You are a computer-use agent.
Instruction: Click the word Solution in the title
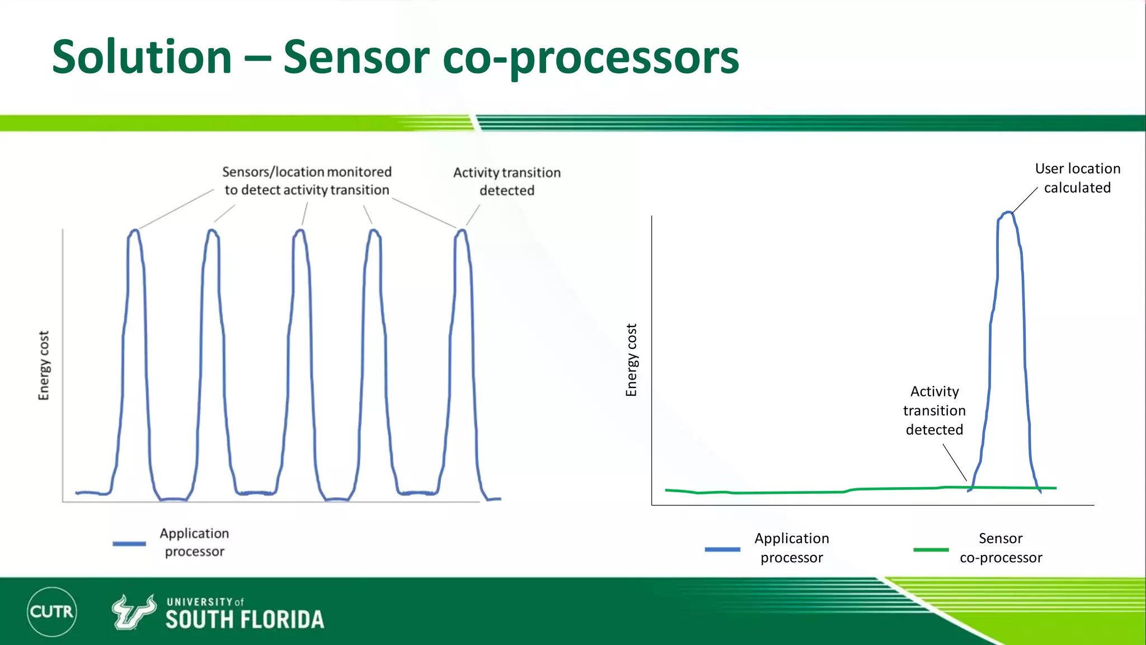[x=142, y=57]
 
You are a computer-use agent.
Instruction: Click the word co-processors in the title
[x=591, y=58]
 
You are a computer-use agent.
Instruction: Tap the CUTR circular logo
[x=52, y=611]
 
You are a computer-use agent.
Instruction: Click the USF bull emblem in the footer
[x=134, y=612]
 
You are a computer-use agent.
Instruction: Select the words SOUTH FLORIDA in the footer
[x=245, y=620]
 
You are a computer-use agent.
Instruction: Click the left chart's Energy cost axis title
[x=44, y=365]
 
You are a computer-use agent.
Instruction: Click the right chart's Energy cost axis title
[x=631, y=360]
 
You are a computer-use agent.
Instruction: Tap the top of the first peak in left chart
[x=134, y=230]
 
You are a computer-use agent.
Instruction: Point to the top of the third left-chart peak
[x=300, y=230]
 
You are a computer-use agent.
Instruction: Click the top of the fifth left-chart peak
[x=462, y=230]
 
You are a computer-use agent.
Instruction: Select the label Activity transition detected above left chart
[x=506, y=181]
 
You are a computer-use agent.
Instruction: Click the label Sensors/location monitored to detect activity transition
[x=307, y=181]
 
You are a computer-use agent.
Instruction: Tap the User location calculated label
[x=1077, y=178]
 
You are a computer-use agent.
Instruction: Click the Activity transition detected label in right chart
[x=934, y=410]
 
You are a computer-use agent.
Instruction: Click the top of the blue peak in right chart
[x=1008, y=213]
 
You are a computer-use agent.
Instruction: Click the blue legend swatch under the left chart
[x=129, y=543]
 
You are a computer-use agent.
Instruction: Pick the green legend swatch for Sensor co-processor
[x=931, y=549]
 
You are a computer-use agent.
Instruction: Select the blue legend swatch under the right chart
[x=722, y=549]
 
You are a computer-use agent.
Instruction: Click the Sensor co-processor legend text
[x=1001, y=548]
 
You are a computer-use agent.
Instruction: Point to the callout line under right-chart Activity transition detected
[x=955, y=462]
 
